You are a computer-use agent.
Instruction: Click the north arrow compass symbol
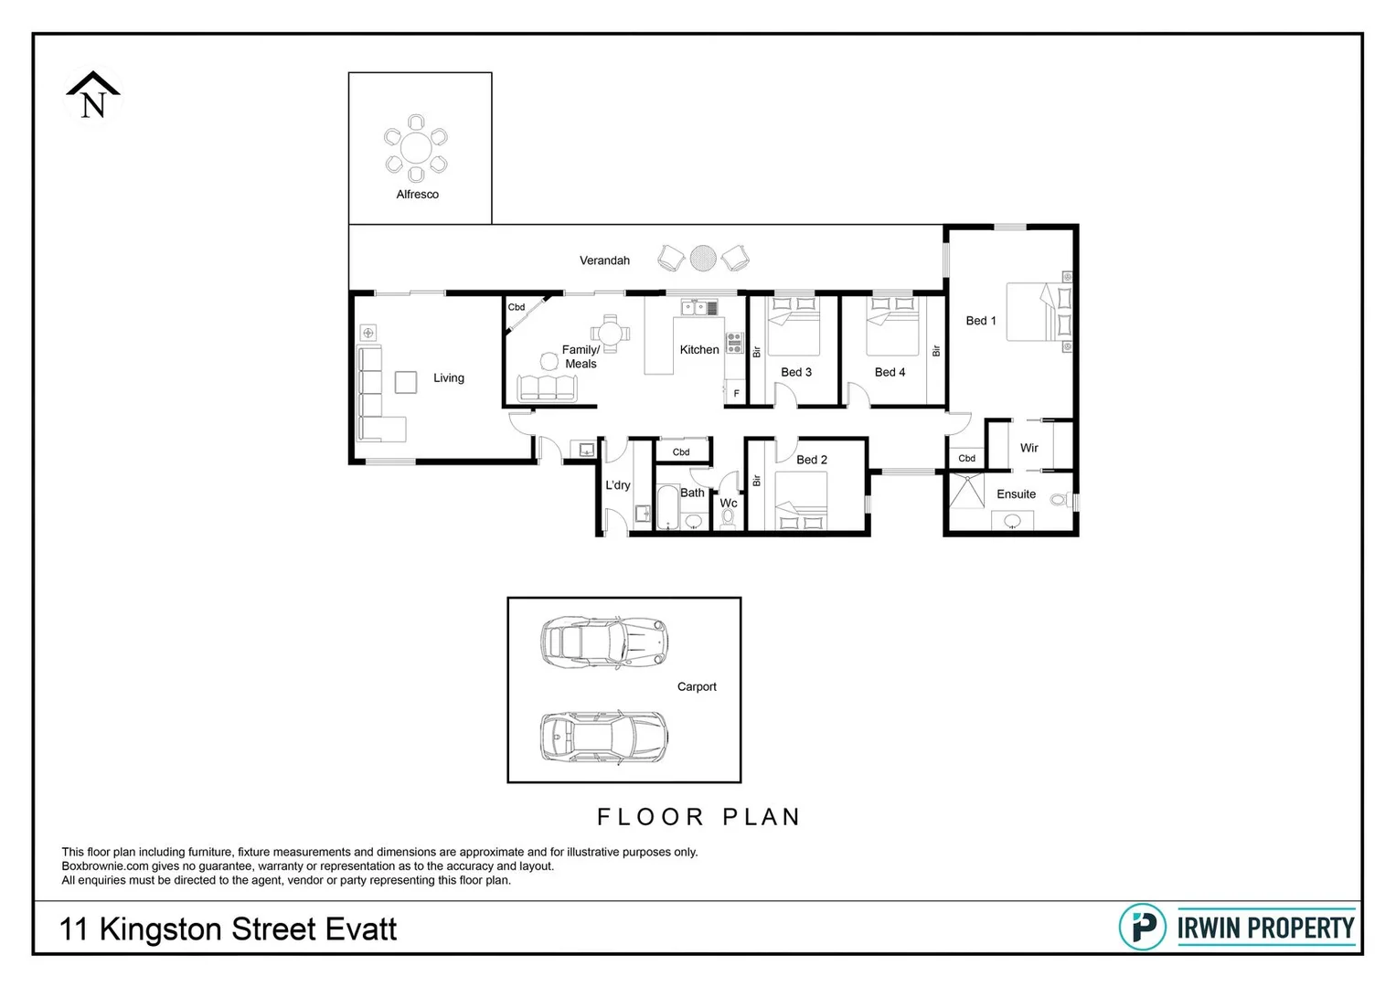(93, 96)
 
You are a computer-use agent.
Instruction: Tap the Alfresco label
(417, 195)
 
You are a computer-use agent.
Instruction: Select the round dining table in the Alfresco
(416, 148)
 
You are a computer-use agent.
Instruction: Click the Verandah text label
(604, 260)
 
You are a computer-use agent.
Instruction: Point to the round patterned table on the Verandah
(703, 259)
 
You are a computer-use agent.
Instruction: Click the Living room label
(448, 377)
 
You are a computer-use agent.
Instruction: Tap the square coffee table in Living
(406, 381)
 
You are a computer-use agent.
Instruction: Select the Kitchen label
(699, 349)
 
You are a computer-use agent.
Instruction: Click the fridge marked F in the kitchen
(735, 393)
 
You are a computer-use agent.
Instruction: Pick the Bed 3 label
(795, 372)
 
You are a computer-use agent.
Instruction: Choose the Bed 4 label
(890, 372)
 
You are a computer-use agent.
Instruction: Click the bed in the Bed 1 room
(1038, 313)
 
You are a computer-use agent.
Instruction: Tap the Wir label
(1028, 448)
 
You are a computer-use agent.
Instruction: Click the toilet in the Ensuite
(1060, 500)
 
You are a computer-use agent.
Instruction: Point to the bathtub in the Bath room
(667, 508)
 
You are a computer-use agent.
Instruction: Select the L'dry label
(617, 485)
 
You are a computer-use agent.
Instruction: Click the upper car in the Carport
(603, 641)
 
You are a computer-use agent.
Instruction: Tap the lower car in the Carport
(603, 737)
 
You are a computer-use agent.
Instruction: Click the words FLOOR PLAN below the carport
(698, 817)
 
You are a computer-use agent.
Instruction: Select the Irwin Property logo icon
(1142, 927)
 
